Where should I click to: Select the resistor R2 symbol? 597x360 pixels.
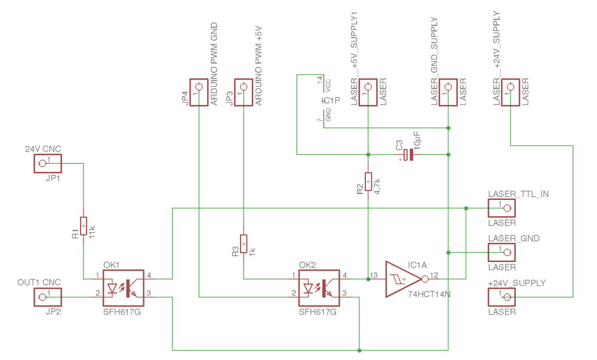tap(368, 181)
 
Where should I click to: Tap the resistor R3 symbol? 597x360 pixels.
tap(243, 244)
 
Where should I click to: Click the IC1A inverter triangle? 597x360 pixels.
tap(403, 278)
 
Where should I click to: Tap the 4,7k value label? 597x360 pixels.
tap(378, 181)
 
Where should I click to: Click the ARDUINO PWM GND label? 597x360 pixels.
tap(214, 64)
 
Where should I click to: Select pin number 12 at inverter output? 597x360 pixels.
tap(434, 275)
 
